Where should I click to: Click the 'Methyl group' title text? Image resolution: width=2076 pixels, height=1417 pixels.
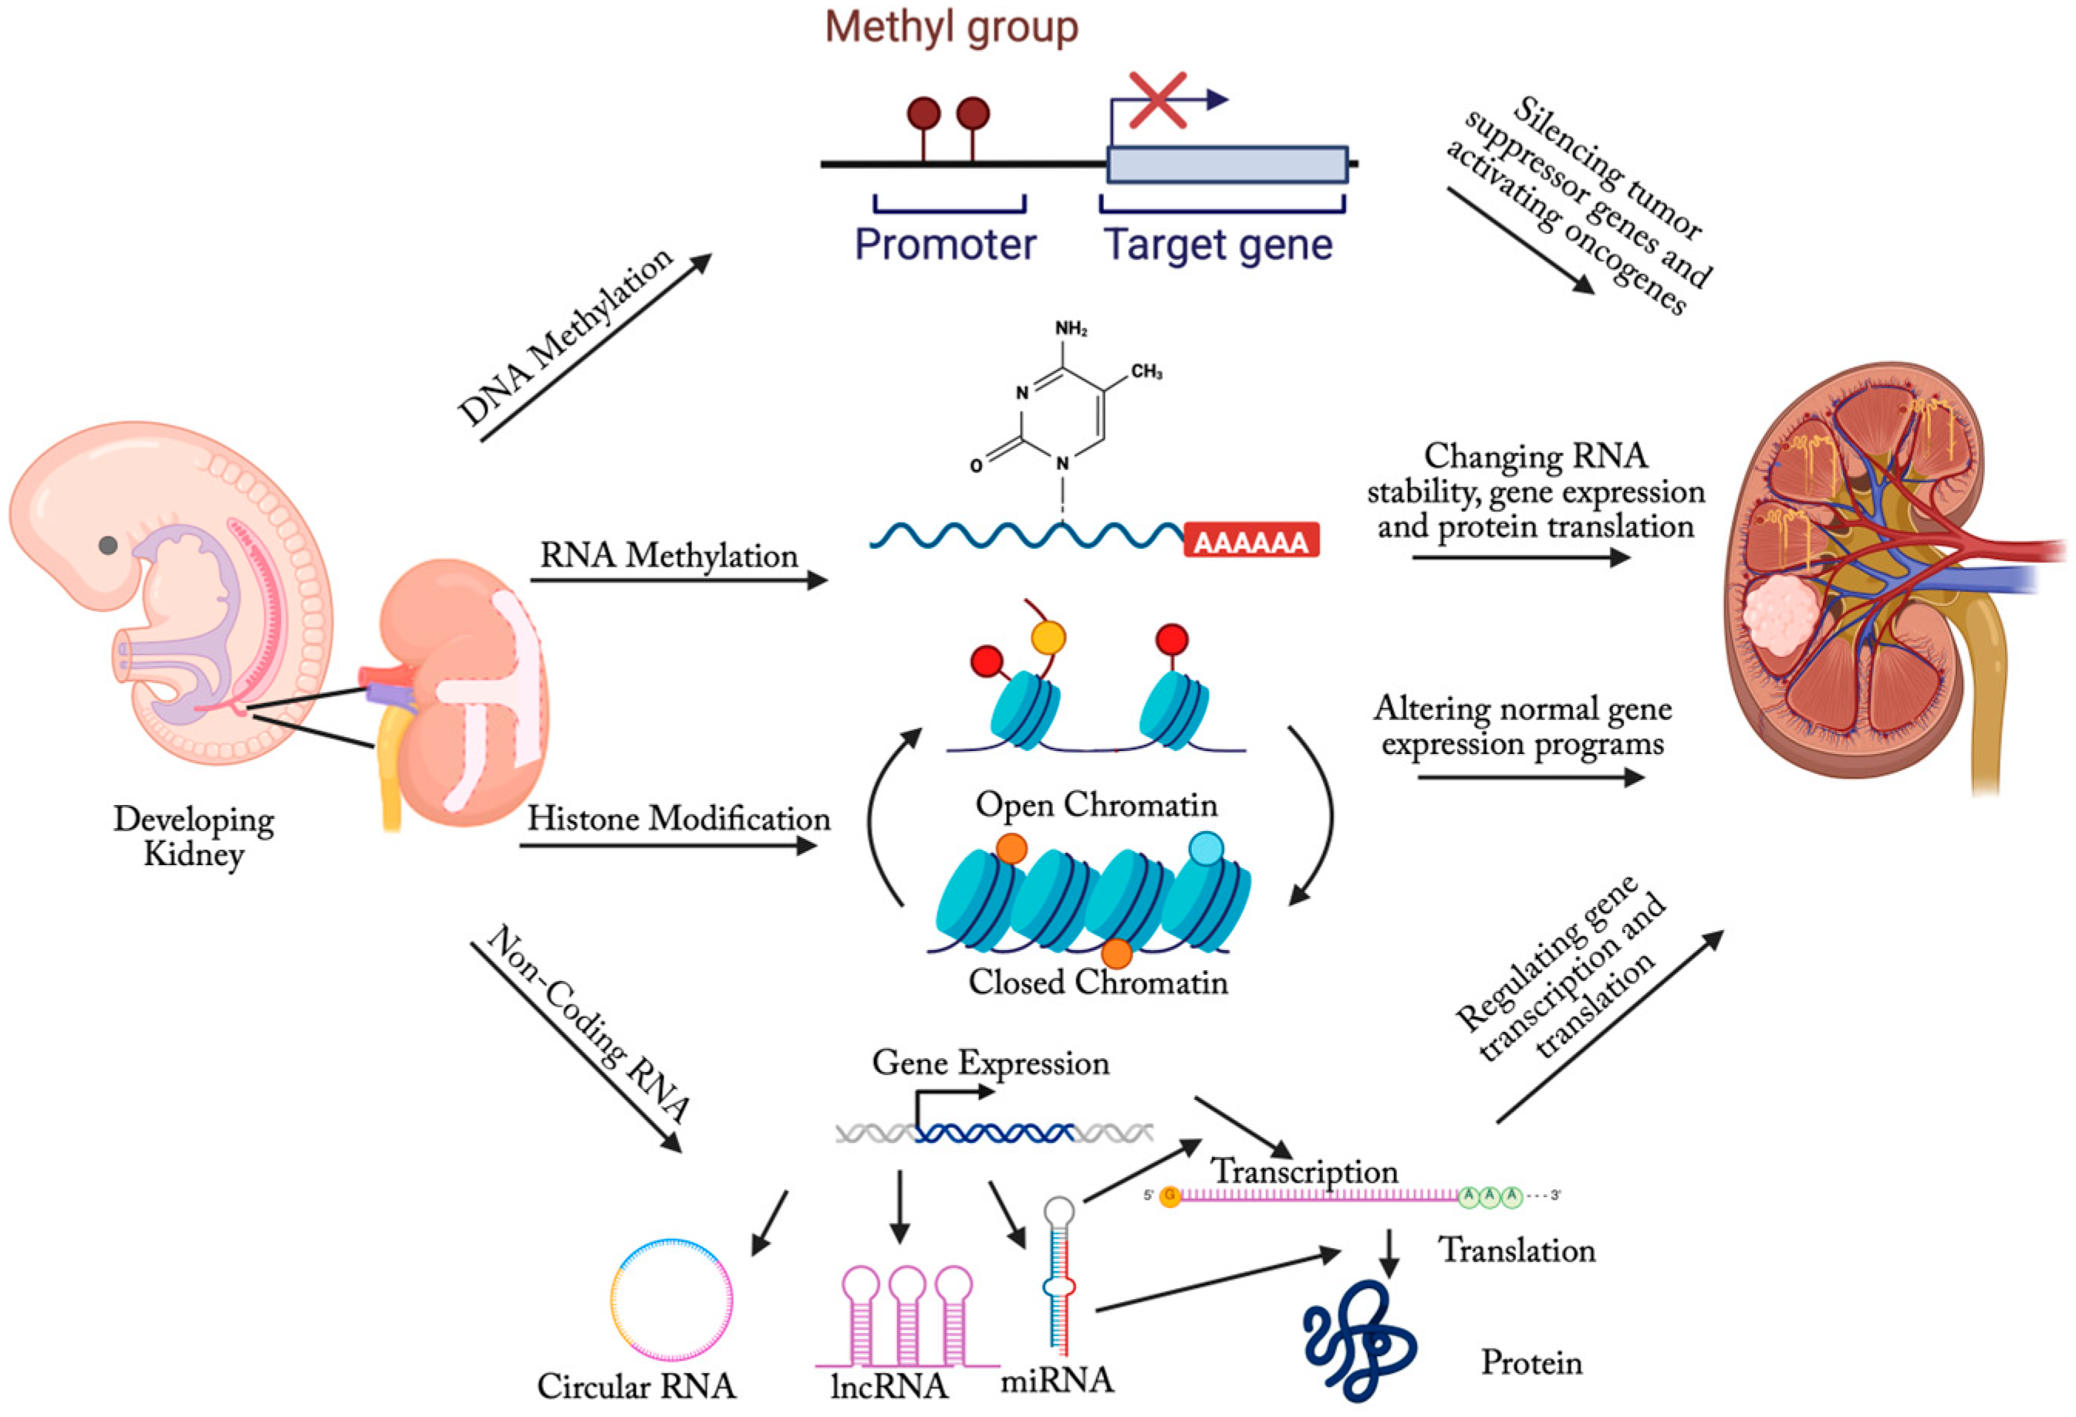pos(951,27)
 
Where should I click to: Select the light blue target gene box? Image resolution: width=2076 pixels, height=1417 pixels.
pos(1227,165)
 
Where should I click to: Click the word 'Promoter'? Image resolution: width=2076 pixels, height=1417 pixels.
pos(945,245)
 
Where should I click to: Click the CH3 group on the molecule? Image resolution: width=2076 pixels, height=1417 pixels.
pos(1146,372)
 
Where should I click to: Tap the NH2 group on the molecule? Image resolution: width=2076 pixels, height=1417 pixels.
pos(1071,329)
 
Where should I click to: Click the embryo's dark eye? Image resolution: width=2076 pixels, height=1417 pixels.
pos(108,545)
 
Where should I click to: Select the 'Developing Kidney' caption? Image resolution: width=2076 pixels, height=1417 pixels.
pos(193,837)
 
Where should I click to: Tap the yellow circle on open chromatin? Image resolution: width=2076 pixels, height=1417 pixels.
pos(1048,638)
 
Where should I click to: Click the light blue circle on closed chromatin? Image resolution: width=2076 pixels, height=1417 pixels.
pos(1206,849)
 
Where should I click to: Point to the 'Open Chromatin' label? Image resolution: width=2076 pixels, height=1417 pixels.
pos(1096,805)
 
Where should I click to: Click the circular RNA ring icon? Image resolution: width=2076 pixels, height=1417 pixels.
pos(672,1300)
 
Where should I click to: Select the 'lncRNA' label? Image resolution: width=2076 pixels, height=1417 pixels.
pos(889,1385)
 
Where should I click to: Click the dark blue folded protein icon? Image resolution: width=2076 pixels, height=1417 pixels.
pos(1358,1340)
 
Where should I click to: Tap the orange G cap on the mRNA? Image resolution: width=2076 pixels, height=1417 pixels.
pos(1170,1196)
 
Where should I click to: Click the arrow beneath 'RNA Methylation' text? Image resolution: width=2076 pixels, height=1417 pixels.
pos(679,580)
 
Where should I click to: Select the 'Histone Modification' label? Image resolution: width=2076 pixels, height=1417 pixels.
pos(678,818)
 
